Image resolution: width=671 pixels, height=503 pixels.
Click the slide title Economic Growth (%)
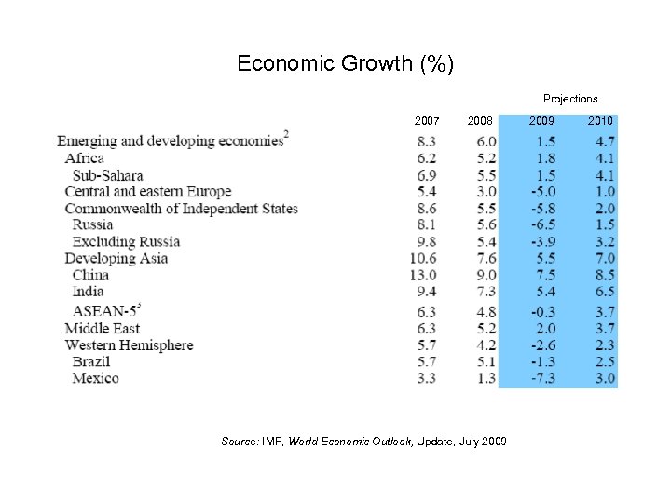point(345,63)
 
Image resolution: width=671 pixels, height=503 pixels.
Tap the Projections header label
point(570,99)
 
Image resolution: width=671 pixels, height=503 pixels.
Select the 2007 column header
point(427,121)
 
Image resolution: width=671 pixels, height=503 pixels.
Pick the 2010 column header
point(600,121)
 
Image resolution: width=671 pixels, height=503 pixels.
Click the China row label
point(90,275)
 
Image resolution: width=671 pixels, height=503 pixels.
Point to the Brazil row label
point(91,361)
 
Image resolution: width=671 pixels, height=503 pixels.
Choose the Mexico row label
point(95,378)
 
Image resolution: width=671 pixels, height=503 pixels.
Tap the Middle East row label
point(102,328)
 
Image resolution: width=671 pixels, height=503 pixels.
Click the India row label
point(88,292)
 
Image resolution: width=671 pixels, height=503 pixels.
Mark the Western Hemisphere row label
point(129,345)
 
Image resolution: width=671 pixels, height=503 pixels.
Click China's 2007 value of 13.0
point(423,275)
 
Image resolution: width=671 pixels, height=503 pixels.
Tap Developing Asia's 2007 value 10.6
point(423,258)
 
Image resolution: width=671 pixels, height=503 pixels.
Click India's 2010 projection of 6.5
point(604,292)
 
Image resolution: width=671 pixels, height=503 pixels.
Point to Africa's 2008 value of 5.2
point(486,158)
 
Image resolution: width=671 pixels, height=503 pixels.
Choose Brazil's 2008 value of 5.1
point(486,361)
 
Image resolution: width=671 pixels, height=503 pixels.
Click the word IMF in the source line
point(272,441)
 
